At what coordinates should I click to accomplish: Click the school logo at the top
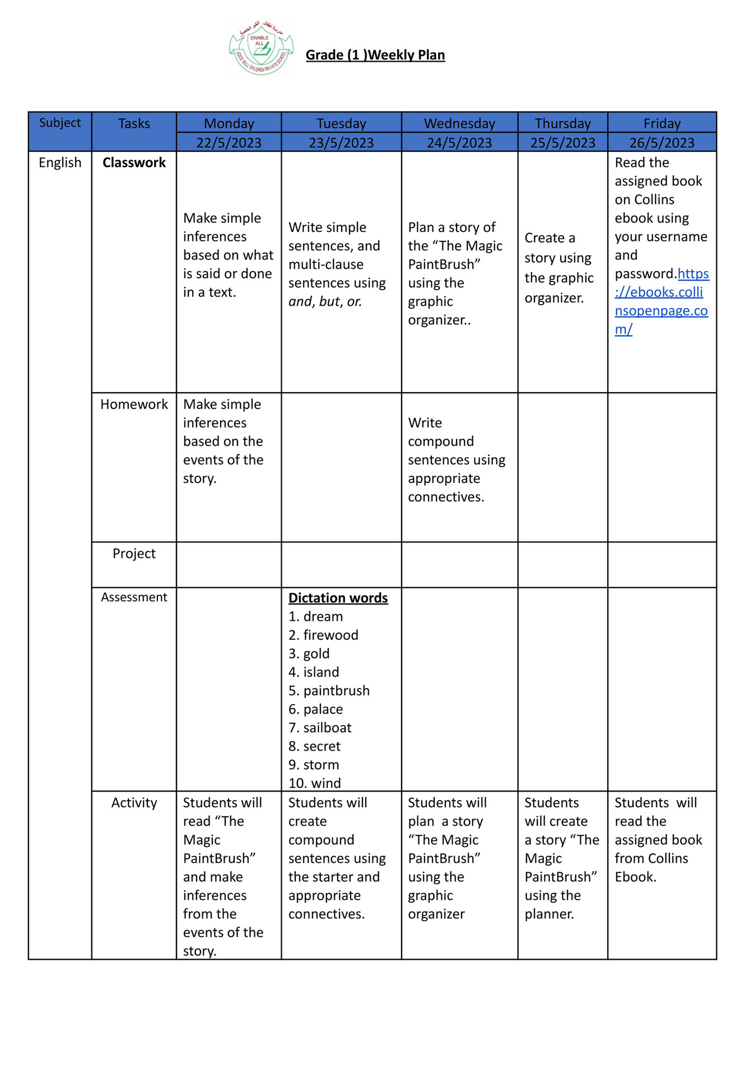(x=261, y=48)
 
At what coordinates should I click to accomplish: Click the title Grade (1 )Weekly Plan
(x=375, y=55)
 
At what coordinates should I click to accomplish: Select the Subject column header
(x=60, y=123)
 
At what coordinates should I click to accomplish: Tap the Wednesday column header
(x=459, y=123)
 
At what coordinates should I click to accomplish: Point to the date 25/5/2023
(x=562, y=143)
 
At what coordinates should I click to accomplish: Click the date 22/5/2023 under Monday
(x=229, y=143)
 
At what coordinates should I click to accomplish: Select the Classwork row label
(x=134, y=162)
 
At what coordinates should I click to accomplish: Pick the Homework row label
(x=134, y=404)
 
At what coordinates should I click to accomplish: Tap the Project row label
(x=134, y=554)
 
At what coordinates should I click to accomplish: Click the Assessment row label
(x=134, y=597)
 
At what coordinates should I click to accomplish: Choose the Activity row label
(x=134, y=803)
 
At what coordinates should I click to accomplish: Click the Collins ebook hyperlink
(x=661, y=301)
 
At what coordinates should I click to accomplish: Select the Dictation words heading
(x=338, y=598)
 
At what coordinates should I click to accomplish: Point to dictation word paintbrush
(x=336, y=691)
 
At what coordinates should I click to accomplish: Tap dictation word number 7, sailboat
(x=327, y=728)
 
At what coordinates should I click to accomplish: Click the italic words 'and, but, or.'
(x=325, y=301)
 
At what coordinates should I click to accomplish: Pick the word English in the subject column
(x=60, y=162)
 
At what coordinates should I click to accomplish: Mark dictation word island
(x=321, y=672)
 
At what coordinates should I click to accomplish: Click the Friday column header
(x=662, y=123)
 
